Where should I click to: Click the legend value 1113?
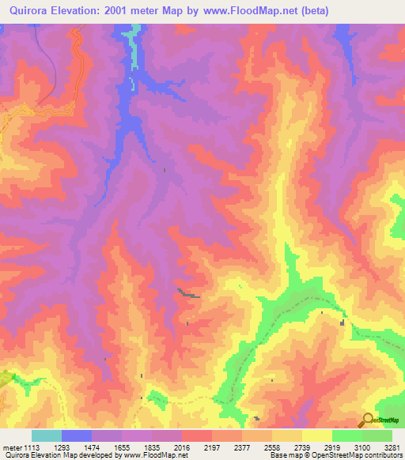pos(31,447)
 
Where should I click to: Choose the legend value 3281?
pos(392,447)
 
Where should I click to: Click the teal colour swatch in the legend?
pos(47,435)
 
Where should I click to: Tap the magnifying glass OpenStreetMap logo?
pos(369,420)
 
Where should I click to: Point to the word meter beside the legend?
pos(10,447)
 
